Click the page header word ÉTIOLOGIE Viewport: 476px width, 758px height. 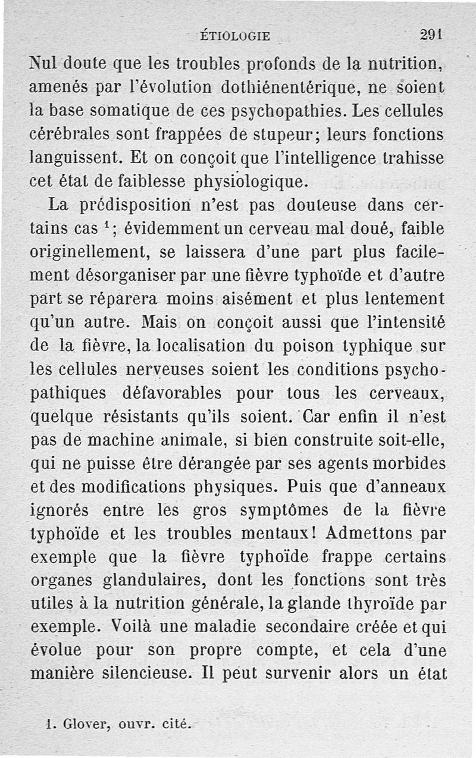click(235, 36)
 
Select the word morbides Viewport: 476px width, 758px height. click(415, 463)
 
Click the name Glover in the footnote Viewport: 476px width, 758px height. click(79, 725)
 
